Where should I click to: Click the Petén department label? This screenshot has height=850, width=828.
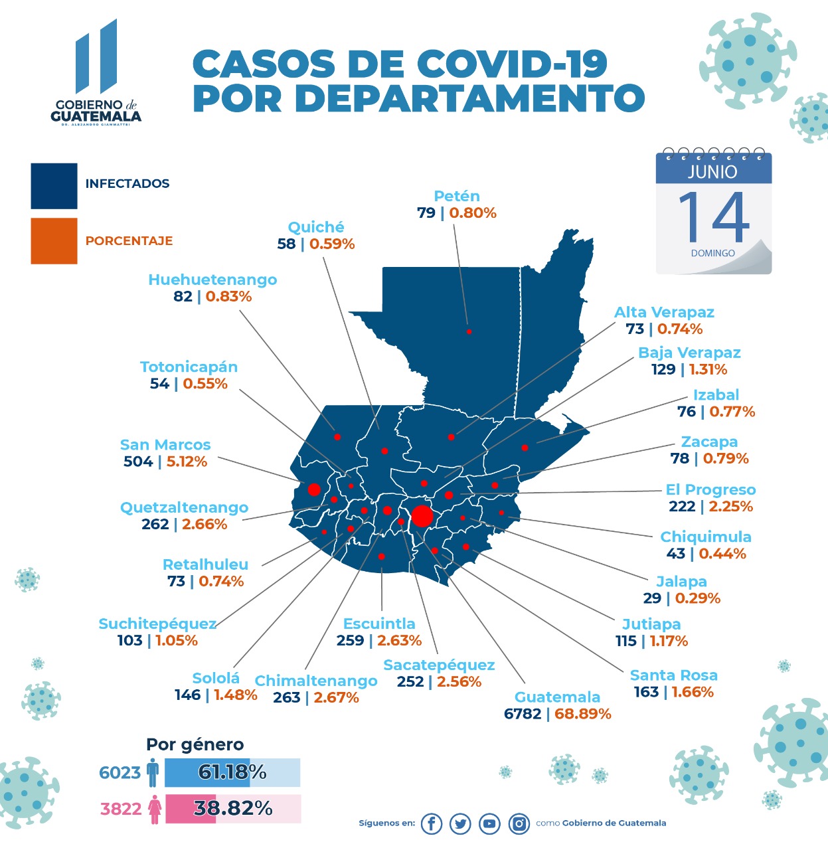pos(456,196)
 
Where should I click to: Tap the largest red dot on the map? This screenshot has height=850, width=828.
pos(422,516)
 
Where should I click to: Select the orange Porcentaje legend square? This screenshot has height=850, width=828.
pos(54,241)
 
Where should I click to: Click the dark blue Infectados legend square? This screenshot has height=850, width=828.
pos(54,186)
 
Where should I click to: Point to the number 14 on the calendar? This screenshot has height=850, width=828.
pos(713,218)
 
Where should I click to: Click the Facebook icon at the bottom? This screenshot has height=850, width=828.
pos(431,823)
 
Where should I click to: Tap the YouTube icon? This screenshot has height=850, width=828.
pos(489,823)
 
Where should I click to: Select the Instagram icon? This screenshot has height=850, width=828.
pos(519,823)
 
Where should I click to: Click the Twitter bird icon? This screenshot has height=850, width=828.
pos(460,823)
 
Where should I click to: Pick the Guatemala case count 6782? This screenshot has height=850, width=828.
pos(523,714)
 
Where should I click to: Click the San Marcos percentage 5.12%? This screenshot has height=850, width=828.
pos(187,462)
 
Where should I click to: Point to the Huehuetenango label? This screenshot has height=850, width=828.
pos(212,280)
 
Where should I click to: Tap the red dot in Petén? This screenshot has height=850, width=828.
pos(469,331)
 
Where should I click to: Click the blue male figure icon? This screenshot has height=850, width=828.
pos(153,772)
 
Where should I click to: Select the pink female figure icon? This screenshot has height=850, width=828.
pos(155,809)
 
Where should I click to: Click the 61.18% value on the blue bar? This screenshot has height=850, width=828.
pos(232,772)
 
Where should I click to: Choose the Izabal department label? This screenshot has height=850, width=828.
pos(716,394)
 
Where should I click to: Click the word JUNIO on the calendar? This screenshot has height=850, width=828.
pos(712,172)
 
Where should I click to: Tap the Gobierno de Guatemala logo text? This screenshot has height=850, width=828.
pos(96,111)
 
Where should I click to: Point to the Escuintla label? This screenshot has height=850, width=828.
pos(379,624)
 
